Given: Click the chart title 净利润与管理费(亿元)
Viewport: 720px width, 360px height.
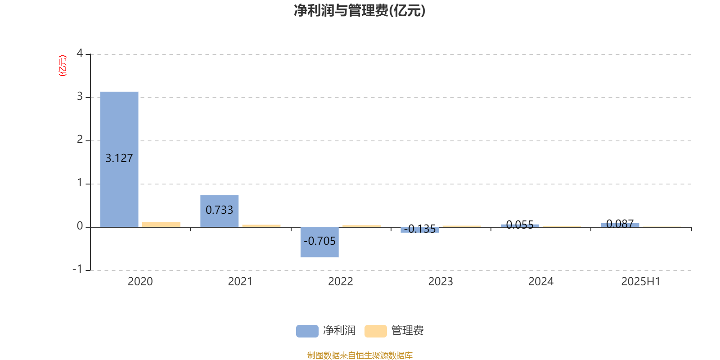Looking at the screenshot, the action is point(360,11).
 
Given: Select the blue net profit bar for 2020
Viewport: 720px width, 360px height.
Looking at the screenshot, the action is point(119,159).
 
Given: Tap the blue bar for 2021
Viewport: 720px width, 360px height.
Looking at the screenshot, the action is point(220,211).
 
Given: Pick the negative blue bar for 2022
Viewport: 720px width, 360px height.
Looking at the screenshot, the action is point(319,242).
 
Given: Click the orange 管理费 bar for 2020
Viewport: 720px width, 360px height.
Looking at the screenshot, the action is point(162,225).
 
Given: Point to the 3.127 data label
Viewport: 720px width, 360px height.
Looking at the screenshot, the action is point(119,158).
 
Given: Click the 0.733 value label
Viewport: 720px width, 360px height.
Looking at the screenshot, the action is point(219,210).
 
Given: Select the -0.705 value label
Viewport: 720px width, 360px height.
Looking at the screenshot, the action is point(319,241).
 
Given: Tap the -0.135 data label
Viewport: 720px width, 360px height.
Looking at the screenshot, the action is point(420,229).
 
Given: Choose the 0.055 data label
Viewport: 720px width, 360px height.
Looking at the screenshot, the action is point(520,225).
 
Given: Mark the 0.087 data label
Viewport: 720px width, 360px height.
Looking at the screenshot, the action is point(620,224).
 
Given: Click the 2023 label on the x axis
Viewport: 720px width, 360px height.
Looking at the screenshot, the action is point(441,282).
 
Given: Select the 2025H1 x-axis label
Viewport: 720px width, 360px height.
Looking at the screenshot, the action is point(641,282).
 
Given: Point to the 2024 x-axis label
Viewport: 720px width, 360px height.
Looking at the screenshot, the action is point(541,282).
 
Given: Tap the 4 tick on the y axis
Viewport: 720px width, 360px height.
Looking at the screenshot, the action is point(80,53).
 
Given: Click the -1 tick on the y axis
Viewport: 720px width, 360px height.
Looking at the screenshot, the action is point(77,269).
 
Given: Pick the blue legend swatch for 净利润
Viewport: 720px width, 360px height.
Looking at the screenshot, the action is point(307,331).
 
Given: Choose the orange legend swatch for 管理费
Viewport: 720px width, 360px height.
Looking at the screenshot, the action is point(375,331).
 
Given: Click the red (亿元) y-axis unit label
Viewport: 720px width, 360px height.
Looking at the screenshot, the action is point(63,66).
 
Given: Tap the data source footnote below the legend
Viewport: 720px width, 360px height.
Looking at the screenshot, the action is point(360,355).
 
